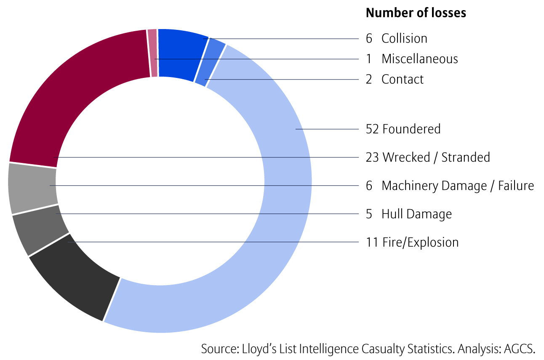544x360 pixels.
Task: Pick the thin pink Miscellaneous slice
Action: point(153,53)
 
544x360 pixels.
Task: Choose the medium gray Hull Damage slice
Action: point(40,229)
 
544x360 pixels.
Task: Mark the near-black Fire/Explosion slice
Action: point(76,280)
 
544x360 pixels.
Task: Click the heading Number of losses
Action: point(416,13)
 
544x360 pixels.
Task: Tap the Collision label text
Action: point(404,38)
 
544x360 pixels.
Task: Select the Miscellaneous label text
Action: point(419,59)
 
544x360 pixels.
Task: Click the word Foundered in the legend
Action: point(411,129)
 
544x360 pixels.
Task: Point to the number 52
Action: point(373,129)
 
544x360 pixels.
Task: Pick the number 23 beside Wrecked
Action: point(373,157)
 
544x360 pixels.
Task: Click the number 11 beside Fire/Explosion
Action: point(373,243)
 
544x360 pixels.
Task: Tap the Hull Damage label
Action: point(416,214)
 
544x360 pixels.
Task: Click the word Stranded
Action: point(466,157)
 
